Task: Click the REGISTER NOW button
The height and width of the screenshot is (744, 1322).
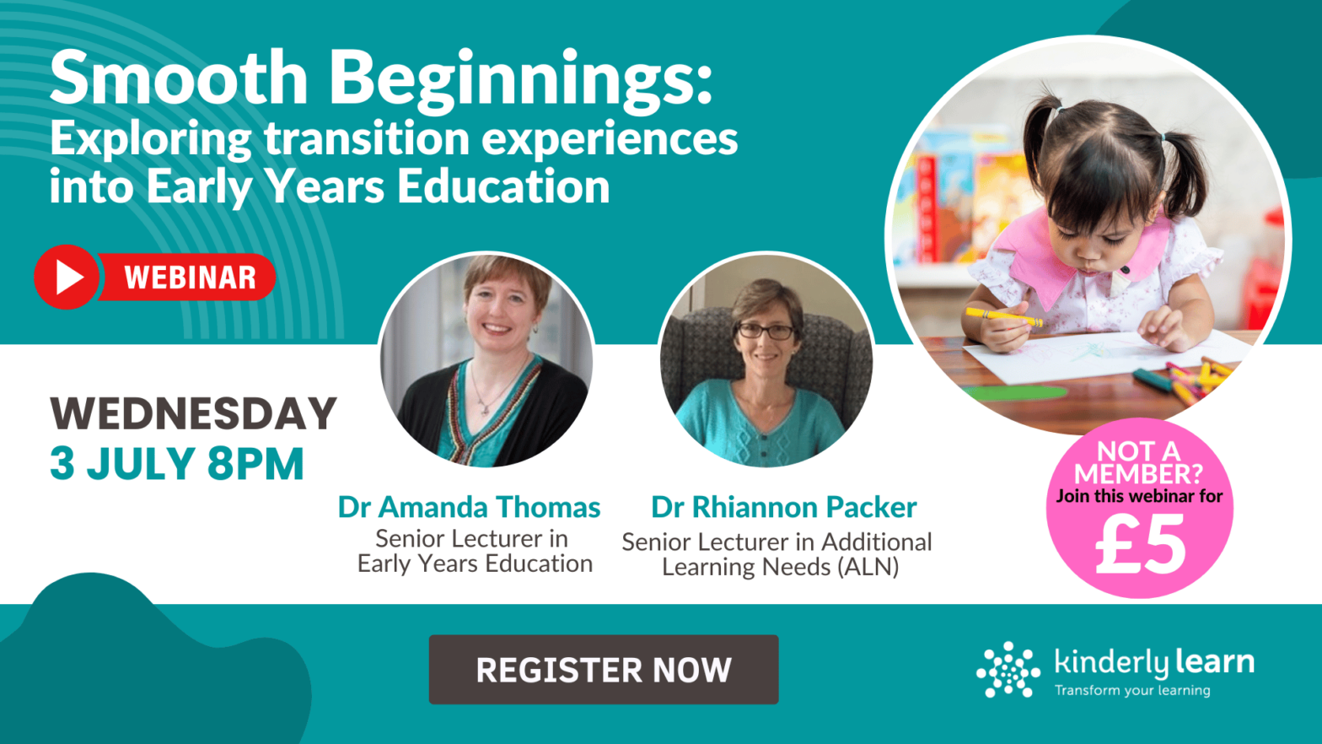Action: (603, 670)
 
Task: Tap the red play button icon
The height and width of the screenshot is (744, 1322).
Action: (67, 277)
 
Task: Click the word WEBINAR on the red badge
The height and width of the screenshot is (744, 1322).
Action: (190, 278)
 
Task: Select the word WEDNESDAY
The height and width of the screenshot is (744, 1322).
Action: (193, 413)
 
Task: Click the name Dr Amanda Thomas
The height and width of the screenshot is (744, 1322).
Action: (469, 507)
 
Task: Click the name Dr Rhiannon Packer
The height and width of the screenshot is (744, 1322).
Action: (783, 507)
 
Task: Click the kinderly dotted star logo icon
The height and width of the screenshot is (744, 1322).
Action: (1008, 670)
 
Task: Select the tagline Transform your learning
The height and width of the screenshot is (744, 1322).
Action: (1131, 691)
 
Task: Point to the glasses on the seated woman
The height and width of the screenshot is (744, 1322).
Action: (766, 332)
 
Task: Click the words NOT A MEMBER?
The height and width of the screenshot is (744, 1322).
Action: (1138, 462)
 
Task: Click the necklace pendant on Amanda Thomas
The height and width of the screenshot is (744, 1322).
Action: (484, 408)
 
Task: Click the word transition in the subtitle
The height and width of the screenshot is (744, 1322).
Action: (367, 137)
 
